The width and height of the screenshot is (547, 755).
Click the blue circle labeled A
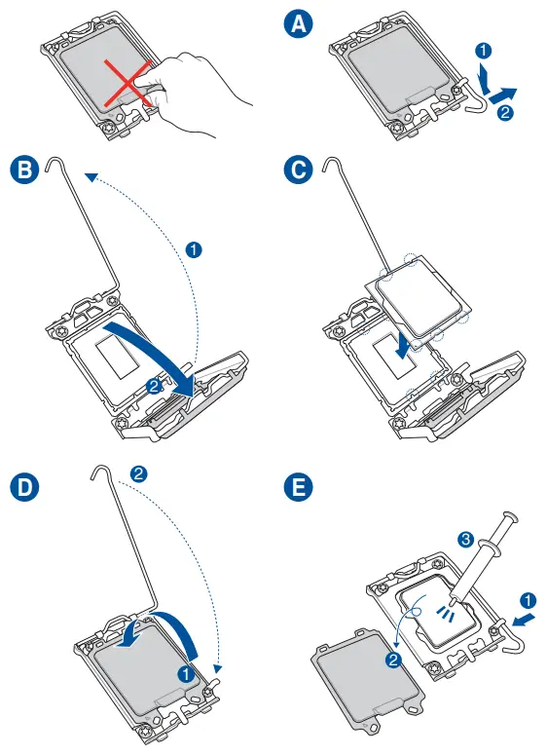[x=299, y=23]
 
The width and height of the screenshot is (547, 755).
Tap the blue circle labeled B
[x=24, y=170]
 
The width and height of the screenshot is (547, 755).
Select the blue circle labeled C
[x=298, y=170]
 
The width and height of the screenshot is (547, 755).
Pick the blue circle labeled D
[x=24, y=487]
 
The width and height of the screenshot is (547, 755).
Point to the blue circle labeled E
[x=298, y=487]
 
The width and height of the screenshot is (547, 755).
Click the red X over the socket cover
[x=128, y=83]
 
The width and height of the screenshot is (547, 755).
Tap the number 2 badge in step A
[x=505, y=113]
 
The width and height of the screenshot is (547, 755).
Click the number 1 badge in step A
[x=483, y=50]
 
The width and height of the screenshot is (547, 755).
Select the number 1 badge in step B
[x=194, y=250]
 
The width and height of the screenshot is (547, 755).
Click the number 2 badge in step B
[x=154, y=386]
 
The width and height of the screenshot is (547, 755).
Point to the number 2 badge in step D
[x=138, y=474]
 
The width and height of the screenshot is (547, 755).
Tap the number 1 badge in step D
[x=186, y=673]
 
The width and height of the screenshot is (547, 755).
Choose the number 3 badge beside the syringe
[x=465, y=539]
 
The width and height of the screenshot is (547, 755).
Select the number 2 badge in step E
[x=393, y=660]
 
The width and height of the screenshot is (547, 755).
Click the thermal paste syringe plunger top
[x=510, y=517]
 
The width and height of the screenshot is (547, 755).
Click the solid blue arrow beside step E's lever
[x=523, y=620]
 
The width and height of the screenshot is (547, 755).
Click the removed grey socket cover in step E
[x=369, y=683]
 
